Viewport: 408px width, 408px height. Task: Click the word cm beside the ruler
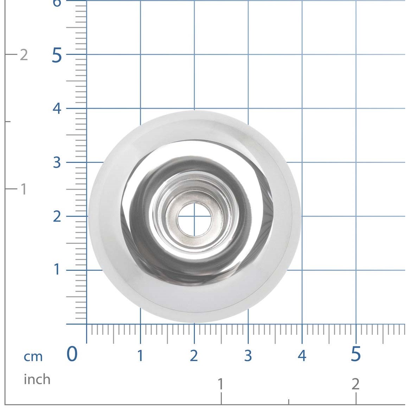click(33, 357)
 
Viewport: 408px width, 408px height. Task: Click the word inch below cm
click(37, 379)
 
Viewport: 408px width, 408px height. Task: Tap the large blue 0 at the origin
click(72, 354)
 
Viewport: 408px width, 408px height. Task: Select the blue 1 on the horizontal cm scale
click(140, 356)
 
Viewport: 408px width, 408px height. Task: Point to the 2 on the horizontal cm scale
click(194, 356)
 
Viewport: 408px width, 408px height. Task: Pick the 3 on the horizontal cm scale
click(248, 356)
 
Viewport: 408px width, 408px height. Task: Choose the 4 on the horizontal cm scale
click(302, 356)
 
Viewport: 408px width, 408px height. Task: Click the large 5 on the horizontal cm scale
click(356, 354)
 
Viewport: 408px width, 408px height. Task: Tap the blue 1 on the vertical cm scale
click(57, 269)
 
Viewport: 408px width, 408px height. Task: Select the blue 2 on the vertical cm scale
click(57, 216)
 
